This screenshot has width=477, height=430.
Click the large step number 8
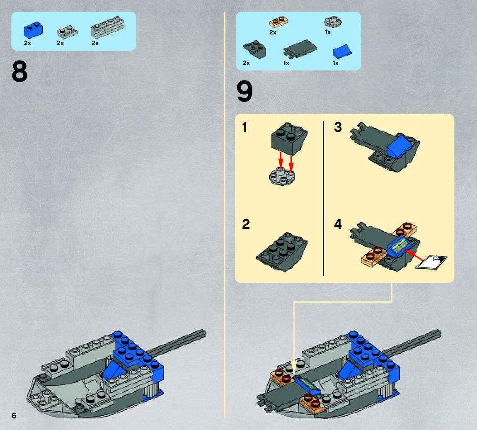[19, 71]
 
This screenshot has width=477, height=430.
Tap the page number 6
[14, 415]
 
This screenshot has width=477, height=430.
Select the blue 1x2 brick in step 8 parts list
[34, 30]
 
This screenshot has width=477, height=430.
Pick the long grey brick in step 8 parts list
[107, 27]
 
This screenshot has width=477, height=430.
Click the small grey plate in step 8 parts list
[67, 32]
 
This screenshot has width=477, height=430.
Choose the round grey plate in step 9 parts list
[333, 22]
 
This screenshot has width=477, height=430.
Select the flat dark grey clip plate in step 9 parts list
[300, 49]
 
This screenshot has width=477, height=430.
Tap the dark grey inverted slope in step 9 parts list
[254, 50]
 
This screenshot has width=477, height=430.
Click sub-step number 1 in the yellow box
[245, 127]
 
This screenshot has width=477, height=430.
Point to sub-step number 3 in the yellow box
[338, 127]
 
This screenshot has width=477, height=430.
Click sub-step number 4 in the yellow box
[338, 224]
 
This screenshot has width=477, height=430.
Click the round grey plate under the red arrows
[282, 177]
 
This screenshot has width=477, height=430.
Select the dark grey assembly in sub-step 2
[282, 252]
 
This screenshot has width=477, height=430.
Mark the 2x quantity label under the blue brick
[27, 43]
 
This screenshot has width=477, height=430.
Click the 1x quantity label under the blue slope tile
[336, 63]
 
